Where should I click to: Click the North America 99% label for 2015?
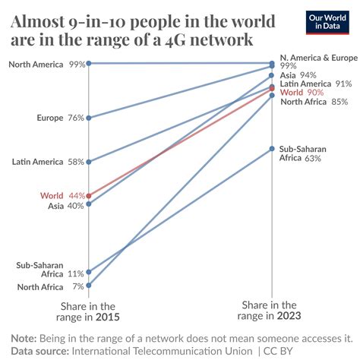pyautogui.click(x=46, y=64)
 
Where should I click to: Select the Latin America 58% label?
pyautogui.click(x=49, y=162)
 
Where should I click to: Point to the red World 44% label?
pyautogui.click(x=63, y=195)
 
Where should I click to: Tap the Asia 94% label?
pyautogui.click(x=298, y=75)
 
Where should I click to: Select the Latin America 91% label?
pyautogui.click(x=315, y=84)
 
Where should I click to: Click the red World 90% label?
pyautogui.click(x=302, y=92)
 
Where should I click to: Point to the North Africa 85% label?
pyautogui.click(x=314, y=101)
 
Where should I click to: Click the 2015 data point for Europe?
pyautogui.click(x=90, y=118)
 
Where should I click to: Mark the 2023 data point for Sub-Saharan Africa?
pyautogui.click(x=273, y=149)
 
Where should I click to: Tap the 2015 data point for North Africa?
pyautogui.click(x=90, y=286)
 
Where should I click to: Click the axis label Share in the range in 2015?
pyautogui.click(x=89, y=311)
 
